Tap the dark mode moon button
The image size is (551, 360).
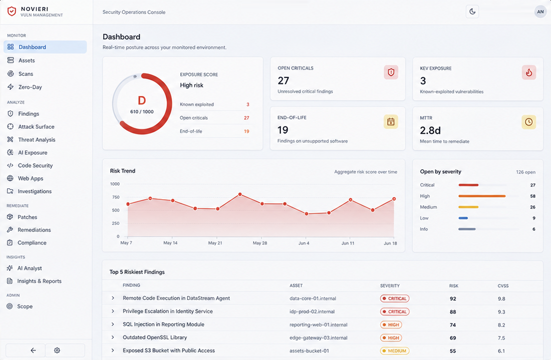pyautogui.click(x=472, y=11)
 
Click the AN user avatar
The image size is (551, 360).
pyautogui.click(x=540, y=11)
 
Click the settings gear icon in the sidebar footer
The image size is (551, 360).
pyautogui.click(x=57, y=350)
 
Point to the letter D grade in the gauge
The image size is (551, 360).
pyautogui.click(x=142, y=100)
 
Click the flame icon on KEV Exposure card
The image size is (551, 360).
pyautogui.click(x=529, y=72)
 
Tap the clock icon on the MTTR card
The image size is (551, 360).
pyautogui.click(x=529, y=122)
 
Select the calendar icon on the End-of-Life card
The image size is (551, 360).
pyautogui.click(x=391, y=122)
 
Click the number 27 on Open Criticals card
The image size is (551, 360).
pyautogui.click(x=283, y=80)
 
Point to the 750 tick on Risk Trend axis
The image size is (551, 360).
pyautogui.click(x=116, y=197)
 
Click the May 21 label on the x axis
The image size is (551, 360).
pyautogui.click(x=215, y=243)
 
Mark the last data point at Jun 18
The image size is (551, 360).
pyautogui.click(x=394, y=199)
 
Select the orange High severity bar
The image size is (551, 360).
pyautogui.click(x=482, y=196)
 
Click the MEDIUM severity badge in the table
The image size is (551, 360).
pyautogui.click(x=395, y=351)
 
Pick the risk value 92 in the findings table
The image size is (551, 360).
pyautogui.click(x=453, y=299)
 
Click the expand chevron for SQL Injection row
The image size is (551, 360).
pyautogui.click(x=113, y=324)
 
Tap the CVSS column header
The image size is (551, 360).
pyautogui.click(x=503, y=286)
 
